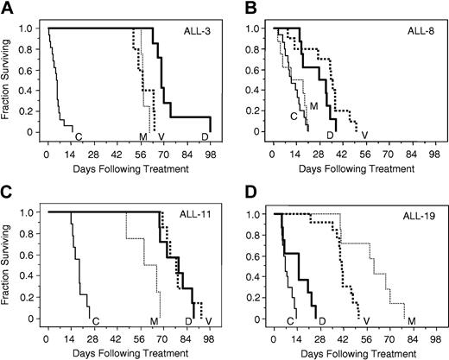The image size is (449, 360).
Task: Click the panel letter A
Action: pos(8,8)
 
